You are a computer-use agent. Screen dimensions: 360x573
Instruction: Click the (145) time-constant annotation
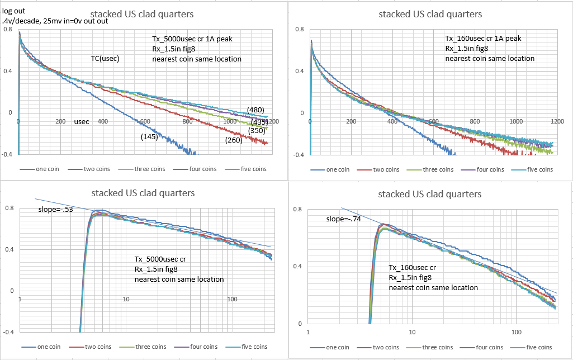coord(149,136)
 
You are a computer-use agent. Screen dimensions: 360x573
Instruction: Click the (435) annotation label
coord(259,121)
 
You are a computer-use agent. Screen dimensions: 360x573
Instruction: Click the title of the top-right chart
coord(430,14)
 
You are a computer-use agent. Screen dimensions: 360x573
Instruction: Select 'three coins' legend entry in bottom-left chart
coord(150,347)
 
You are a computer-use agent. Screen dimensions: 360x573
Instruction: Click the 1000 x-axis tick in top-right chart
coord(517,121)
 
